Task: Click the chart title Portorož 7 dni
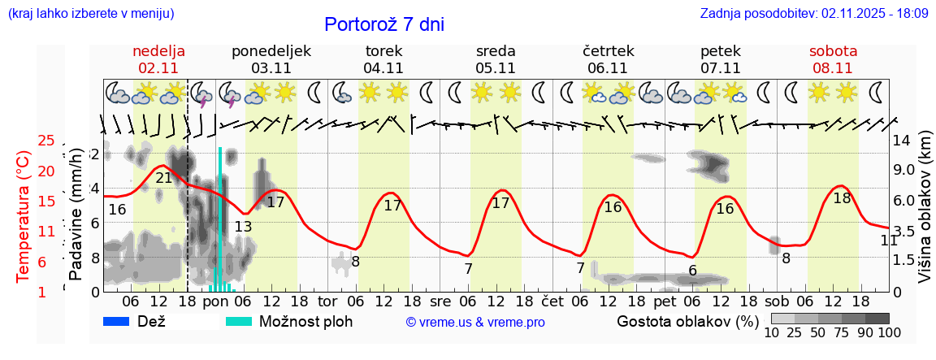tap(383, 24)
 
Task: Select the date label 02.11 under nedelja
tap(160, 68)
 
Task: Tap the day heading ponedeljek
tap(271, 50)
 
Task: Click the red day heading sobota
tap(833, 50)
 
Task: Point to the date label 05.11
tap(496, 68)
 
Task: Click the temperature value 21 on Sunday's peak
tap(163, 178)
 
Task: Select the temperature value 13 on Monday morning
tap(243, 227)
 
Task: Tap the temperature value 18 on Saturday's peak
tap(842, 197)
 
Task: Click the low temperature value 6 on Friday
tap(692, 271)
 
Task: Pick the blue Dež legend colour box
tap(122, 321)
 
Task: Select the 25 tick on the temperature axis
tap(46, 141)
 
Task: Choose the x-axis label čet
tap(552, 301)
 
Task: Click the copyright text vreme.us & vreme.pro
tap(474, 322)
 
